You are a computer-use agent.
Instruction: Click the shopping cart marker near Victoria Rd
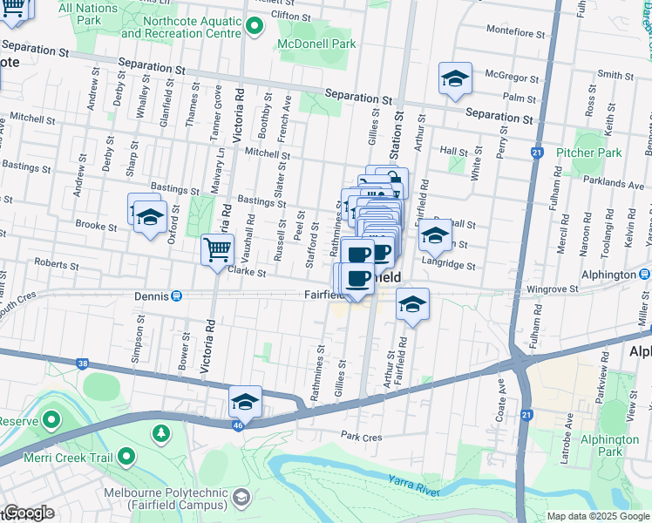[x=217, y=250]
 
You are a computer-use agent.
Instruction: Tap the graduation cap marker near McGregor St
[x=454, y=79]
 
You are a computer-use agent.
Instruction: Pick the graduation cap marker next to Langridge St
[x=434, y=235]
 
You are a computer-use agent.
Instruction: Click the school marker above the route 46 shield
[x=246, y=402]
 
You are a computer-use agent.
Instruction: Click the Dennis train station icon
[x=177, y=295]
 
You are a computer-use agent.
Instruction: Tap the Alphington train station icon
[x=642, y=275]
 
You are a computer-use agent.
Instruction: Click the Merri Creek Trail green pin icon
[x=126, y=456]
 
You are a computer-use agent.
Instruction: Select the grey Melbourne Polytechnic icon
[x=241, y=496]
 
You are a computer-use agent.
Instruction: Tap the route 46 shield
[x=237, y=423]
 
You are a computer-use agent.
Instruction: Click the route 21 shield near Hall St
[x=536, y=153]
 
